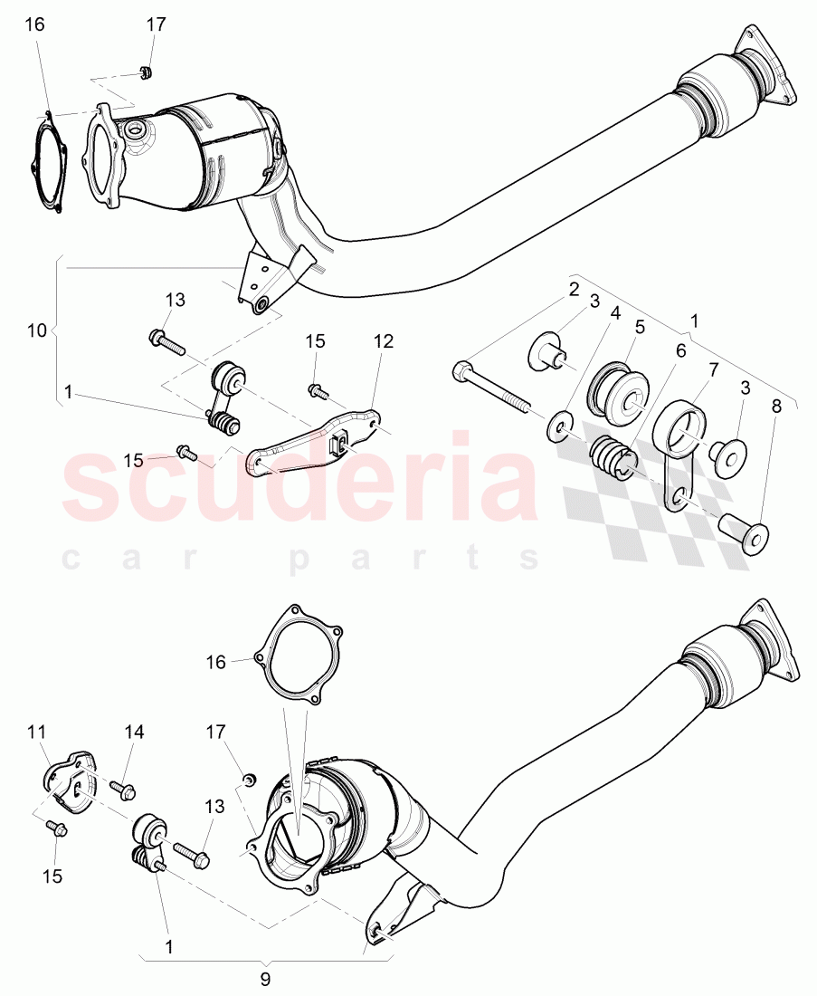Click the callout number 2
tap(574, 292)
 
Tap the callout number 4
tap(615, 314)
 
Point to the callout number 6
tap(679, 350)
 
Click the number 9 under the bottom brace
tap(265, 979)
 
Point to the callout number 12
tap(384, 341)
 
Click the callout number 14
tap(134, 732)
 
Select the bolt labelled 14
tap(123, 790)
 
